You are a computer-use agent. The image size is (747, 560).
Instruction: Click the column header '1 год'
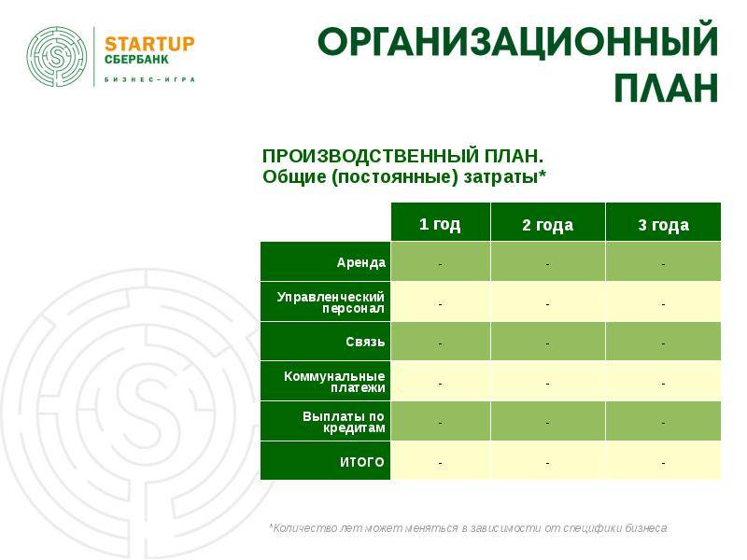(x=440, y=224)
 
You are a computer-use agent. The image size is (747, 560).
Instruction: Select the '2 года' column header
(x=548, y=225)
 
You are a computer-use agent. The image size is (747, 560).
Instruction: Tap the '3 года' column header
(x=663, y=225)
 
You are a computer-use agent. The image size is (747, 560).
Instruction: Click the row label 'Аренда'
(x=361, y=262)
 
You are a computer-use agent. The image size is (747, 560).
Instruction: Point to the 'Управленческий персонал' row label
(x=331, y=302)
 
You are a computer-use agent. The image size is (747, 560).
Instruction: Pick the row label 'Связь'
(x=365, y=342)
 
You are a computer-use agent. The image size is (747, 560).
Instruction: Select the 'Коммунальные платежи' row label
(x=334, y=382)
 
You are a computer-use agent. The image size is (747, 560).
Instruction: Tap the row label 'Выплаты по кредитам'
(x=344, y=422)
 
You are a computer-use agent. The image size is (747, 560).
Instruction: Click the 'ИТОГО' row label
(x=361, y=462)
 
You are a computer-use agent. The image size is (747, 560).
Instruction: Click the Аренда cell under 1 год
(x=441, y=261)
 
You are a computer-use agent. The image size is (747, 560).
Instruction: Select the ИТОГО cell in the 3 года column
(x=663, y=460)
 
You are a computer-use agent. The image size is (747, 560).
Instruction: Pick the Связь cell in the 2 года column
(x=548, y=341)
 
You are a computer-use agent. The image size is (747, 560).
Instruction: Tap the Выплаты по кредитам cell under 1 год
(x=441, y=421)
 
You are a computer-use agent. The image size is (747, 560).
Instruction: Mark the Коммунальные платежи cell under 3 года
(x=663, y=381)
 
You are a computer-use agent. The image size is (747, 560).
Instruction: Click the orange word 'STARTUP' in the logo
(x=149, y=44)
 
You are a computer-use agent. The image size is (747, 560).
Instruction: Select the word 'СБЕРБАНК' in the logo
(x=136, y=60)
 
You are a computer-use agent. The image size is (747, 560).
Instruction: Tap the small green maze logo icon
(x=57, y=57)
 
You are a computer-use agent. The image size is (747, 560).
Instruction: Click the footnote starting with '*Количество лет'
(x=469, y=528)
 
